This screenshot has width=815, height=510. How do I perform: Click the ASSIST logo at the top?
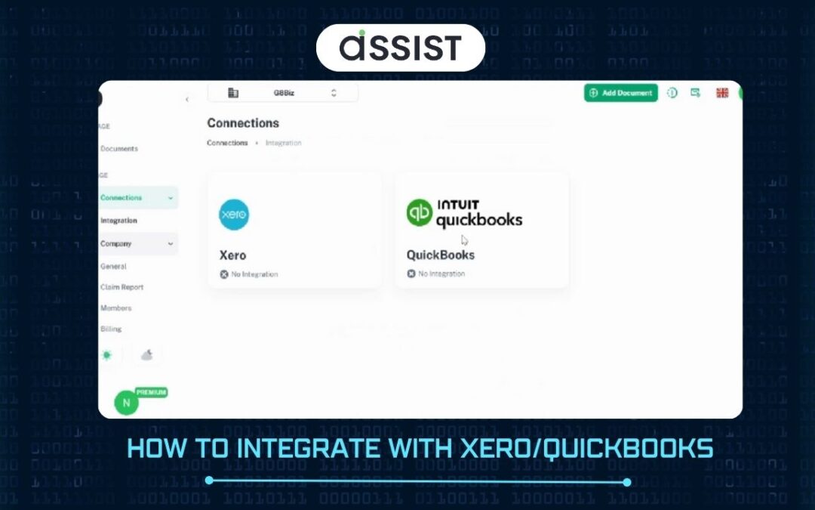tap(400, 48)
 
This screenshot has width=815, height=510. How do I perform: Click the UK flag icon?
tap(722, 93)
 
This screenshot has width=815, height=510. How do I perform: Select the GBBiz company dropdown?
tap(282, 93)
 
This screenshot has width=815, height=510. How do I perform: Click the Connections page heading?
tap(243, 123)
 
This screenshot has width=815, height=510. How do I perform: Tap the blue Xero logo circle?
tap(234, 215)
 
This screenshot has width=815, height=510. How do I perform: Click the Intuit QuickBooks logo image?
tap(464, 213)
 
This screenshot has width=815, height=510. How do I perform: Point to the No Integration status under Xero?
tap(249, 274)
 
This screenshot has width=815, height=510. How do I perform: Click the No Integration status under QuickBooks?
tap(436, 274)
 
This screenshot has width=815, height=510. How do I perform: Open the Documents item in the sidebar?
tap(118, 149)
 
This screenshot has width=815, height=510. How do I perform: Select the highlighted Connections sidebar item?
tap(128, 198)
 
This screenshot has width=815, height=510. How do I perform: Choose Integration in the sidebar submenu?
tap(118, 221)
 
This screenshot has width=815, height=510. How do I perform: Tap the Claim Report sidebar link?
tap(121, 287)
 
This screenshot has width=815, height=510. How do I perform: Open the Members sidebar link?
tap(115, 308)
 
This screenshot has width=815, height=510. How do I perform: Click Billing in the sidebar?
tap(111, 329)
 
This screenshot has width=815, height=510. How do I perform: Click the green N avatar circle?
tap(126, 403)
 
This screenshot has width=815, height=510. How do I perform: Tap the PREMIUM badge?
tap(151, 393)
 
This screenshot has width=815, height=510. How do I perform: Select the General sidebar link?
tap(113, 267)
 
